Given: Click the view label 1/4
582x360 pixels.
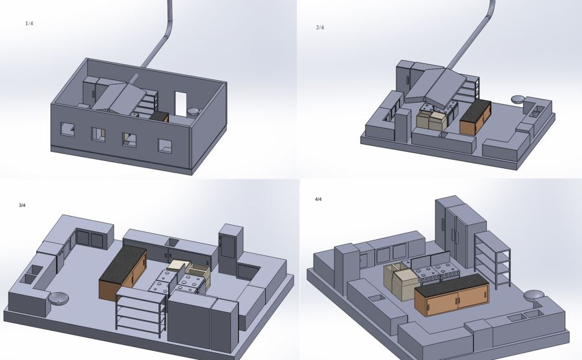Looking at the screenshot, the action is point(29,23).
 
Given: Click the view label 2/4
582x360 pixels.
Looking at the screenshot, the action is point(320,27).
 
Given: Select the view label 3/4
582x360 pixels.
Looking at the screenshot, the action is point(22,206).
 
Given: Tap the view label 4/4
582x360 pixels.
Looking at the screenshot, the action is point(318,199).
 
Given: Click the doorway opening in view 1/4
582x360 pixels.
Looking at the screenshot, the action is point(180,104).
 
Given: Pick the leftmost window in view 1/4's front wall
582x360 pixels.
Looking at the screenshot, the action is point(67,129).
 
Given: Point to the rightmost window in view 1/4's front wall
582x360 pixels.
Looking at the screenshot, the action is point(165,146).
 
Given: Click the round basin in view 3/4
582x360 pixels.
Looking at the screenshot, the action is point(59,298).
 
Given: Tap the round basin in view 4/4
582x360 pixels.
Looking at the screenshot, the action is point(533,295).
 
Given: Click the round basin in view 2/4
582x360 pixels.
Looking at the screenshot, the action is point(518,99).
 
